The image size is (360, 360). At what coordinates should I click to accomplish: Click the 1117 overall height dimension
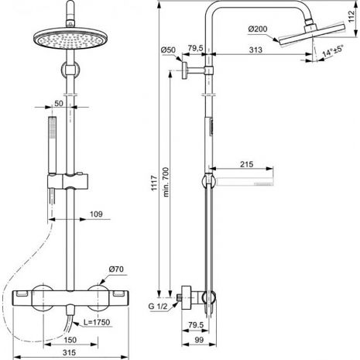tap(154, 183)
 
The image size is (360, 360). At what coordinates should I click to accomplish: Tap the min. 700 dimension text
tap(166, 182)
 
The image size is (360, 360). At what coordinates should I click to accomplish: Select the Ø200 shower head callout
tap(258, 29)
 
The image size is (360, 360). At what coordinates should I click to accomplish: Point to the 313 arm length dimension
tap(255, 50)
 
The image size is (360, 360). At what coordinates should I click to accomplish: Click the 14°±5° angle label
tap(333, 51)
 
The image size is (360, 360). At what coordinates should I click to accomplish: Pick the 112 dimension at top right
tap(351, 16)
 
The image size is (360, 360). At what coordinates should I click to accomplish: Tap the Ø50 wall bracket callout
tap(168, 50)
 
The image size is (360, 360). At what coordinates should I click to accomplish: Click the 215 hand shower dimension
tap(247, 164)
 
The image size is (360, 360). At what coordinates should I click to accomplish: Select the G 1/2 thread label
tap(158, 307)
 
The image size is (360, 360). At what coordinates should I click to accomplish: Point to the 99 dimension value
tap(199, 340)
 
